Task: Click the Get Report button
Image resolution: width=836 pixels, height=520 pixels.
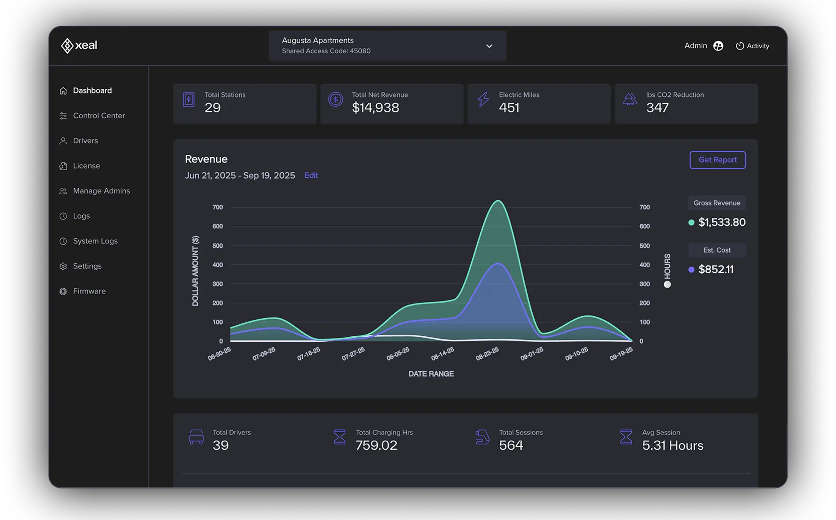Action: [x=717, y=160]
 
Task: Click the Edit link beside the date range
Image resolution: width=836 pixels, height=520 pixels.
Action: [x=311, y=175]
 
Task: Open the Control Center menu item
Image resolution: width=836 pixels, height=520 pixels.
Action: [x=99, y=116]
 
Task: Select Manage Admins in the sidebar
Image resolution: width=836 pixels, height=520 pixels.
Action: [x=101, y=191]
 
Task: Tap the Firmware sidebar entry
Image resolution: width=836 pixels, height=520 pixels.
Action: [x=89, y=291]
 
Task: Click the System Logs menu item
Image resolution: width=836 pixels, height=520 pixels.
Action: [x=95, y=241]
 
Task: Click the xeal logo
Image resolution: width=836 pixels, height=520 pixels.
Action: [x=79, y=45]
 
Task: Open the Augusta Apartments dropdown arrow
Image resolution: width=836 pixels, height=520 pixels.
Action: [x=489, y=46]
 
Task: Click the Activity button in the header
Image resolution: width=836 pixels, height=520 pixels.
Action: [x=753, y=46]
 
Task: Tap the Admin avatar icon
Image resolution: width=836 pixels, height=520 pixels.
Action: [x=718, y=46]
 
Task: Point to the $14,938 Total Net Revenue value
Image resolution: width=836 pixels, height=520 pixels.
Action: [x=375, y=108]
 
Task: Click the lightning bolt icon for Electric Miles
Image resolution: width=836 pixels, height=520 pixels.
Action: [x=483, y=99]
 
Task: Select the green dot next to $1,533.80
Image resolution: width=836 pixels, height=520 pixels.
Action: [x=691, y=222]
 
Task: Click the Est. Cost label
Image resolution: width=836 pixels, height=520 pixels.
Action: [x=717, y=250]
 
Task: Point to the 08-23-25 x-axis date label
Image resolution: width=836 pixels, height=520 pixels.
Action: [x=487, y=353]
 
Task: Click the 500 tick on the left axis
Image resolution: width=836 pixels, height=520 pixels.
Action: [x=218, y=246]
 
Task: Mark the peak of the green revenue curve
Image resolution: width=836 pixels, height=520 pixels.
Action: [x=498, y=201]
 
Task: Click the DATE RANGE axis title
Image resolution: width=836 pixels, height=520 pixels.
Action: [x=431, y=374]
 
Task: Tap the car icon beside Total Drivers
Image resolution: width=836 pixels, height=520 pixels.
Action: [x=196, y=437]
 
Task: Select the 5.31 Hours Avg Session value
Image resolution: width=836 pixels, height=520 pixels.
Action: [x=672, y=445]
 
